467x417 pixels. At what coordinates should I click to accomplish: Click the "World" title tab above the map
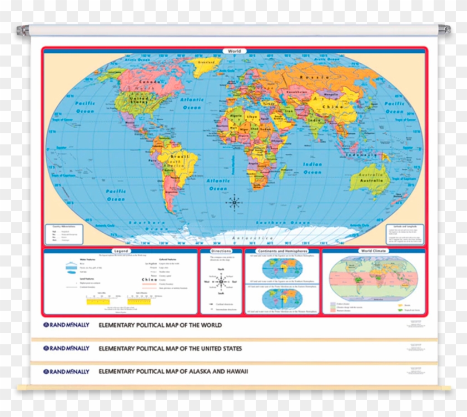[234, 51]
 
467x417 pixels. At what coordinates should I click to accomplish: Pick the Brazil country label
[177, 158]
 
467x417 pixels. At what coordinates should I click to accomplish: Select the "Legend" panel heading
[121, 251]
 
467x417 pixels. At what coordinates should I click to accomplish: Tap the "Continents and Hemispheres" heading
[282, 251]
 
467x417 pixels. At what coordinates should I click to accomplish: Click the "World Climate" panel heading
[374, 251]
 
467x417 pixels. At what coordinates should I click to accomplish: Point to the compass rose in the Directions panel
[221, 282]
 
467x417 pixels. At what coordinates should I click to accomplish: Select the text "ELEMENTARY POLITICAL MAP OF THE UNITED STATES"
[170, 349]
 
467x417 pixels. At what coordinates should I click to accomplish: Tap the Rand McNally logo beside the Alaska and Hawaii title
[66, 370]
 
